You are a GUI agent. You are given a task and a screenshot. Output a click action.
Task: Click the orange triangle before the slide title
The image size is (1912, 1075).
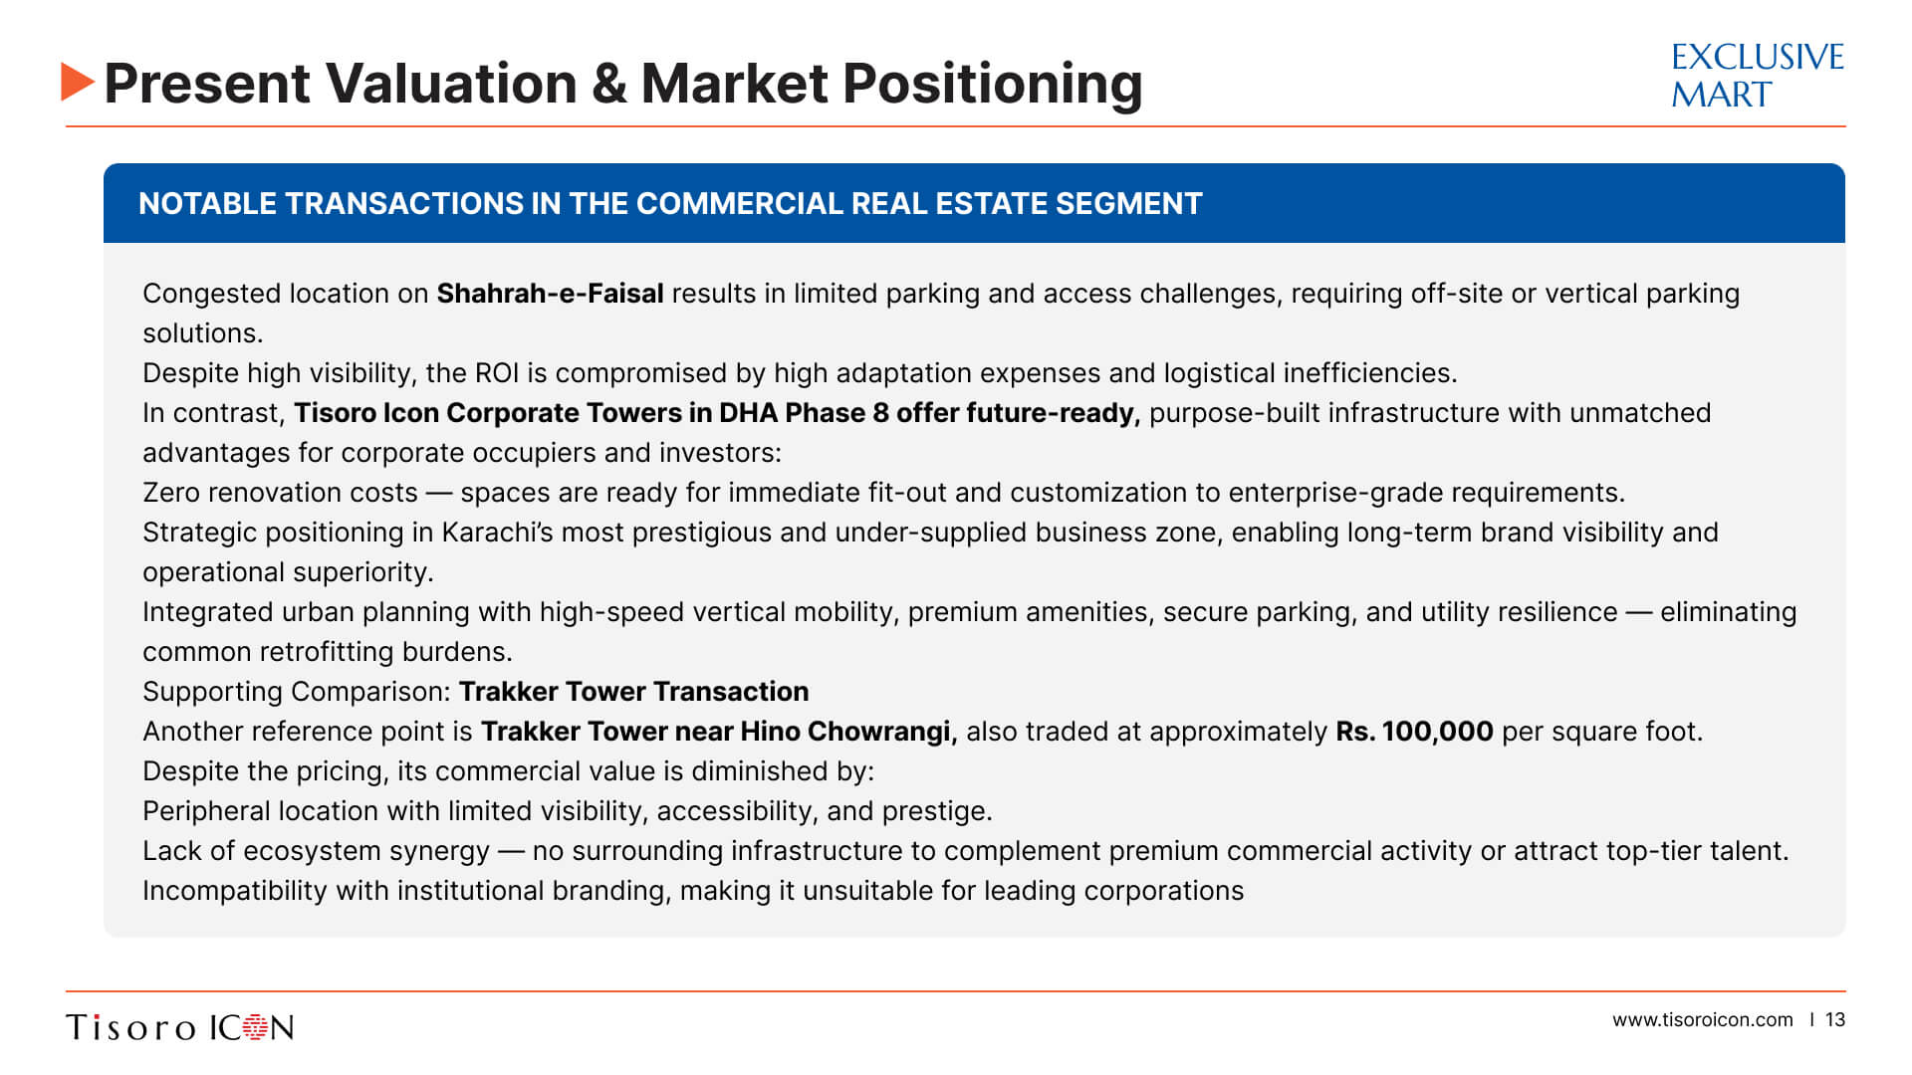coord(77,82)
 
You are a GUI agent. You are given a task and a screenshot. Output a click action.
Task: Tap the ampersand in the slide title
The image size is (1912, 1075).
coord(608,84)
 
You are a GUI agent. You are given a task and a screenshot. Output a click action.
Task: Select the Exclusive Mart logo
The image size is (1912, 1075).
coord(1757,75)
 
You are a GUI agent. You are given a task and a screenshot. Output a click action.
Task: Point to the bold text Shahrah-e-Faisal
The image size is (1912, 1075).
coord(550,294)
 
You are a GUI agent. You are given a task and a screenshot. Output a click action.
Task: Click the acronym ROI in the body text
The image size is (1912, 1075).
coord(497,373)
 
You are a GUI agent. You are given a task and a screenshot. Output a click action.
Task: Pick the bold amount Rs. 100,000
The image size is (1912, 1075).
coord(1414,732)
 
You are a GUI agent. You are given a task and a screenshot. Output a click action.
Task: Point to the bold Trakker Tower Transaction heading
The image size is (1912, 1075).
coord(633,692)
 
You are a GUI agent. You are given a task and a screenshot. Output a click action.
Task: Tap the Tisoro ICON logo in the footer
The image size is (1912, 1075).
coord(180,1027)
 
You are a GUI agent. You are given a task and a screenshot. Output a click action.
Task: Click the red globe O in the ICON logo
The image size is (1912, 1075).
coord(256,1027)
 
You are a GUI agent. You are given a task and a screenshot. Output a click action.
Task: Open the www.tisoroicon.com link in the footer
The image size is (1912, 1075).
coord(1703,1020)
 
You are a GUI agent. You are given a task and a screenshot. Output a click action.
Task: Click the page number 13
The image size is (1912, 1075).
coord(1835,1020)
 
